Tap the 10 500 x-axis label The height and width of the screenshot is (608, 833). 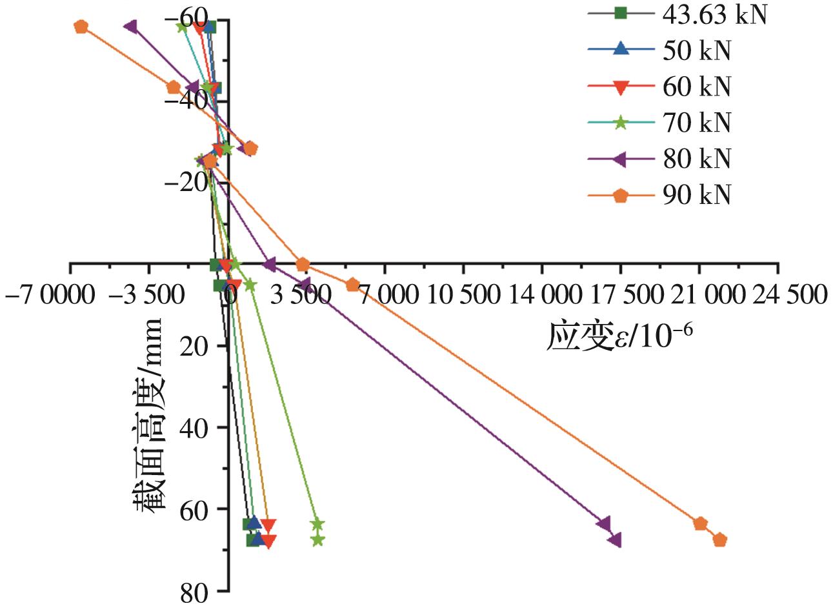(462, 295)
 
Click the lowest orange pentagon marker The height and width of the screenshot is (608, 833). (720, 540)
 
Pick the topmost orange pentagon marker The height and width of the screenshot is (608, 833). (81, 26)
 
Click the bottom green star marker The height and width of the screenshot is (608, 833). (317, 540)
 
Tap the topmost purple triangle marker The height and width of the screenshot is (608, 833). (130, 26)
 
